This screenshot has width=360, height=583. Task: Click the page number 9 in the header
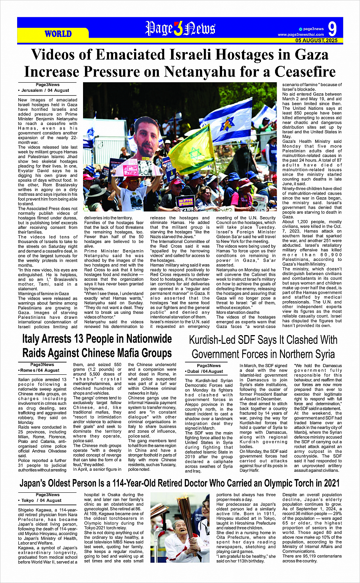pyautogui.click(x=332, y=29)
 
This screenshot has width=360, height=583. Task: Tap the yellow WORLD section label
pyautogui.click(x=58, y=34)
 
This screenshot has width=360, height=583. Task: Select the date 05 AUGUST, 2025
pyautogui.click(x=316, y=40)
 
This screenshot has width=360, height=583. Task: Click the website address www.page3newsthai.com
pyautogui.click(x=301, y=35)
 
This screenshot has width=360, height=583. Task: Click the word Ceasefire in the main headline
pyautogui.click(x=302, y=71)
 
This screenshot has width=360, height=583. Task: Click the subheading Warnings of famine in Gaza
pyautogui.click(x=43, y=294)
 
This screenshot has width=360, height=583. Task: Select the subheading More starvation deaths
pyautogui.click(x=238, y=312)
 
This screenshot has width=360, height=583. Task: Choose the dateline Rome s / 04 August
pyautogui.click(x=39, y=370)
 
